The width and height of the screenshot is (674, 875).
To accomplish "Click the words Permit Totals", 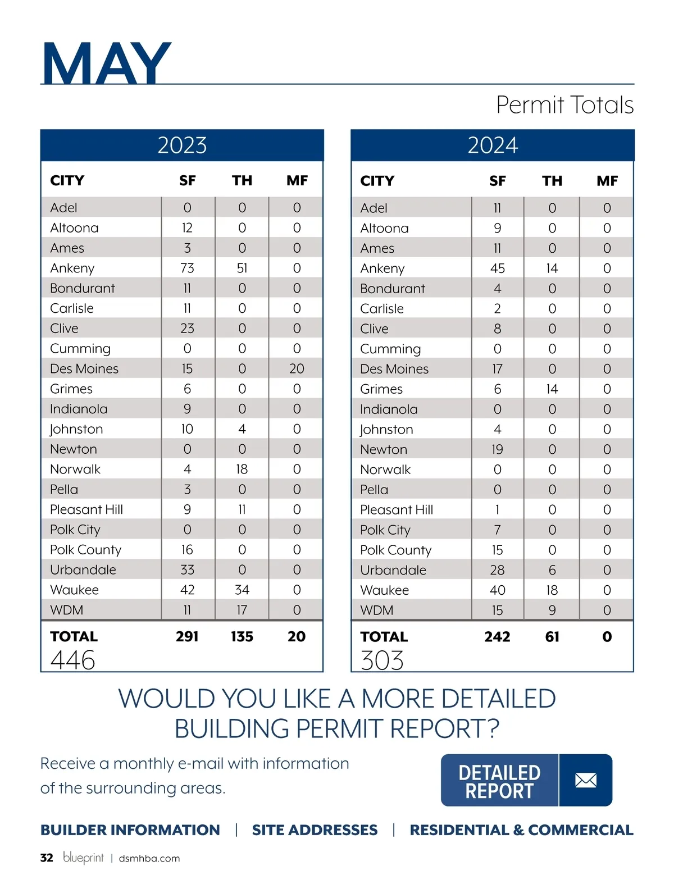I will pos(564,105).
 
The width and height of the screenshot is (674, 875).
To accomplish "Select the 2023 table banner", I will pos(182,145).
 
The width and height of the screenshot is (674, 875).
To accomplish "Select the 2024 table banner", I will pos(493,145).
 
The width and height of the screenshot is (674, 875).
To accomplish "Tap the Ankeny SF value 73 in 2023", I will pos(187,268).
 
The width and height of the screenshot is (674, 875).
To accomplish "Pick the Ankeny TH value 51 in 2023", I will pos(242,268).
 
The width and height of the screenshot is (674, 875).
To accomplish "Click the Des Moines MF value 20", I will pos(297,368).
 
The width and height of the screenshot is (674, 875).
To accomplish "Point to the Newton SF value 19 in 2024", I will pos(497,449).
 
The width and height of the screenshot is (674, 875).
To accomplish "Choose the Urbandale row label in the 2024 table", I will pos(393,570).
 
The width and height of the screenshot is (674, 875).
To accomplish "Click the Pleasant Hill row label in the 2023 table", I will pos(86,509).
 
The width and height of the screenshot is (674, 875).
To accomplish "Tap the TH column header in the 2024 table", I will pos(552,181).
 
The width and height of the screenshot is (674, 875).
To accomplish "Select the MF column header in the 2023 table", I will pos(297,180).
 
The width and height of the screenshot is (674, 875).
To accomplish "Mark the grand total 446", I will pos(73,660).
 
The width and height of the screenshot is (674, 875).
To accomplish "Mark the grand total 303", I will pos(382,660).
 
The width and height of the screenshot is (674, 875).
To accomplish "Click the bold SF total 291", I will pos(187,636).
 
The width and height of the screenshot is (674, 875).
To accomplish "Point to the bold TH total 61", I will pos(552,636).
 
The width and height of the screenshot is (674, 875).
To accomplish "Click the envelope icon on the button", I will pos(586,780).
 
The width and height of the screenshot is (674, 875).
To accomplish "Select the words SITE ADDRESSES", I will pos(315,830).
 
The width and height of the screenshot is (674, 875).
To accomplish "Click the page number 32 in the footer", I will pos(47,858).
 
